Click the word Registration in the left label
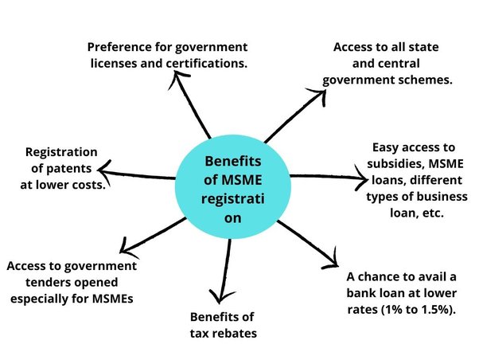coord(61,151)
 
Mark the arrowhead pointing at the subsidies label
coord(357,174)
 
